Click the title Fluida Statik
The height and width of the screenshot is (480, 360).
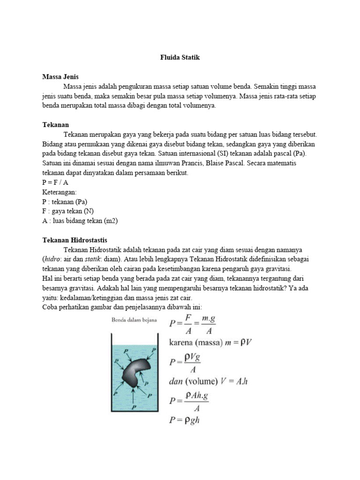point(180,57)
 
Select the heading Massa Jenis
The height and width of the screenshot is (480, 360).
point(60,76)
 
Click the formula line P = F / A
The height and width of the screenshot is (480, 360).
point(55,182)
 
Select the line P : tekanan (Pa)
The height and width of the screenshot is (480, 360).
point(65,202)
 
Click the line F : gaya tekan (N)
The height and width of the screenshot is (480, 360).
point(68,211)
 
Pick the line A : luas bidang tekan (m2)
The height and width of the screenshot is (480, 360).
point(80,221)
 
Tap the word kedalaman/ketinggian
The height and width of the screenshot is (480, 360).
point(89,297)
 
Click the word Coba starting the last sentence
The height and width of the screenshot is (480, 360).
point(50,307)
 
